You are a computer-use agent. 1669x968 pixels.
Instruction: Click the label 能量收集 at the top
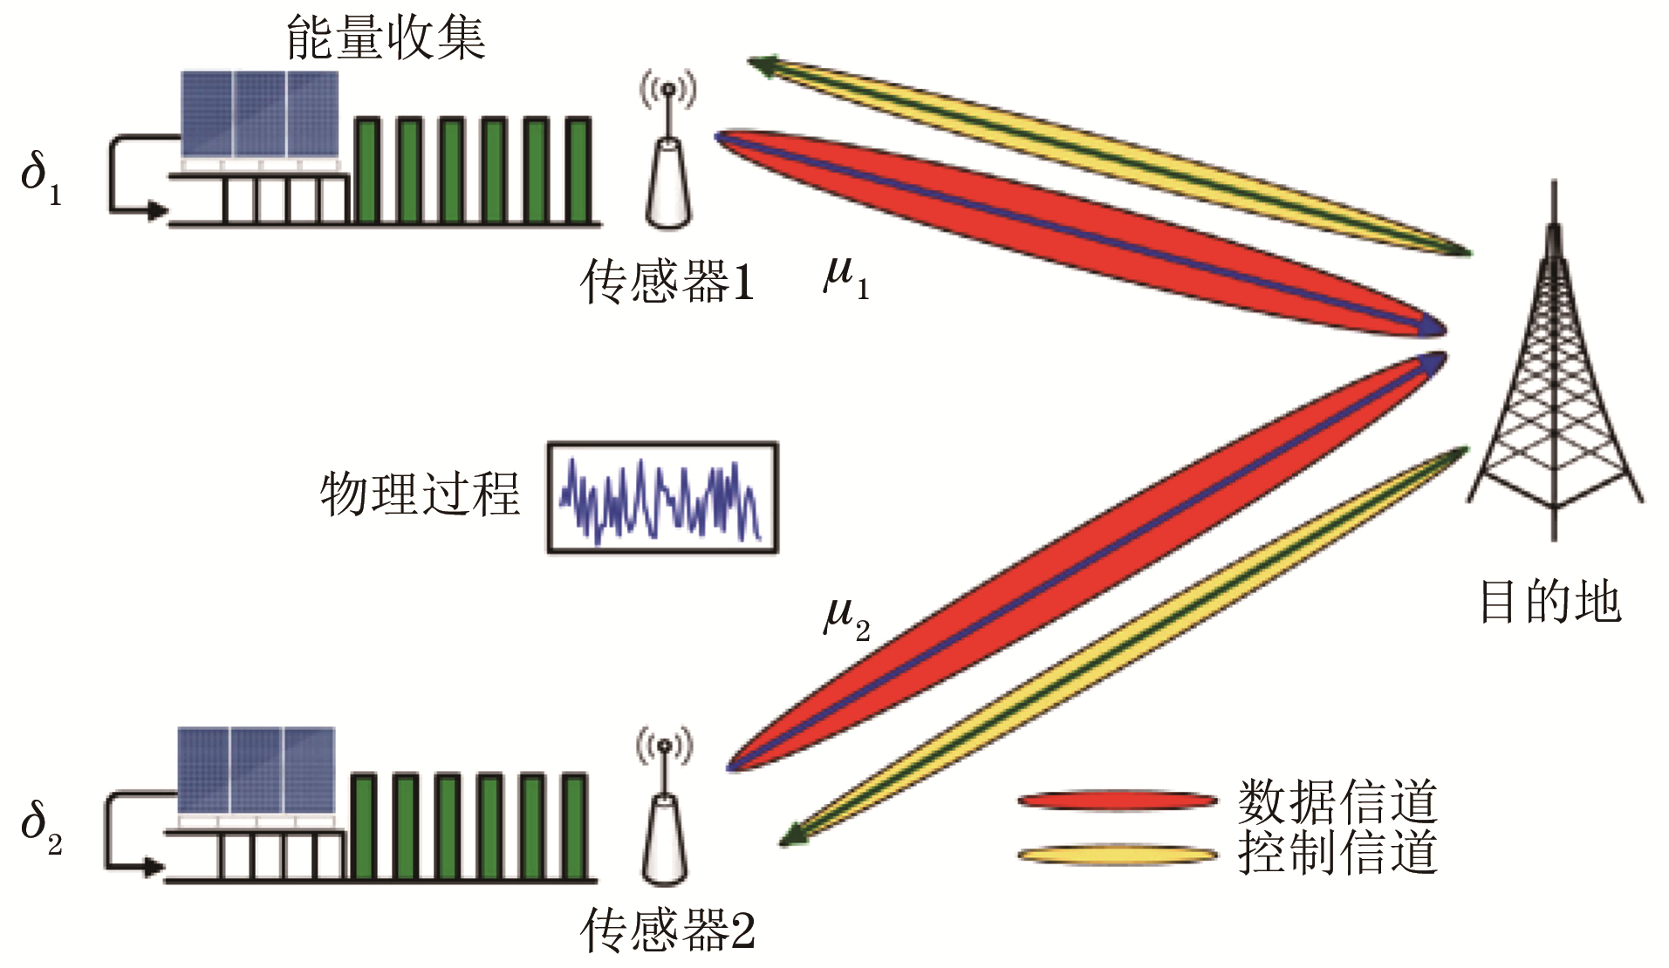pyautogui.click(x=386, y=38)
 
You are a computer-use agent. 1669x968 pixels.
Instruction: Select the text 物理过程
pyautogui.click(x=420, y=494)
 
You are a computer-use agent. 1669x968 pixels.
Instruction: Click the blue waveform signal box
pyautogui.click(x=662, y=498)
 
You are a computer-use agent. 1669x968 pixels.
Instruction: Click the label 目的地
pyautogui.click(x=1550, y=602)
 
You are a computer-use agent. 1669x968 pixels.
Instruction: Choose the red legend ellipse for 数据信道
pyautogui.click(x=1117, y=800)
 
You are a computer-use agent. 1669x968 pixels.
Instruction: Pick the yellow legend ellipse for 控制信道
pyautogui.click(x=1117, y=854)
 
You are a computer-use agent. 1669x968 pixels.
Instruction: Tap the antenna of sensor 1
pyautogui.click(x=668, y=157)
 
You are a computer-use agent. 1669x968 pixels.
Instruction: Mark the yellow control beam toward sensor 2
pyautogui.click(x=1125, y=645)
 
